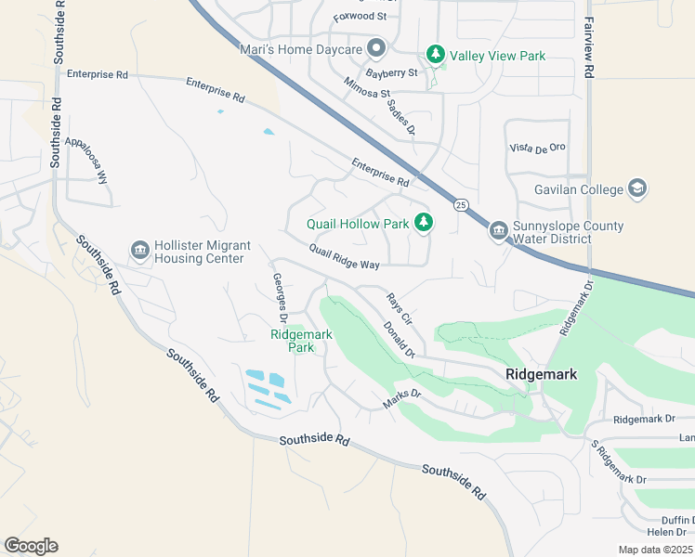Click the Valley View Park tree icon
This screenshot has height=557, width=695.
point(435,55)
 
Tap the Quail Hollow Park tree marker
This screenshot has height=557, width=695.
point(424,222)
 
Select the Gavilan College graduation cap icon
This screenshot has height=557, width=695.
point(637,188)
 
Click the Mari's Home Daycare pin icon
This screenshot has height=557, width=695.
point(376,47)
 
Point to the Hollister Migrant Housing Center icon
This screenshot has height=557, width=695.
point(140,249)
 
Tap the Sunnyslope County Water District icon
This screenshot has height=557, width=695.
point(498,230)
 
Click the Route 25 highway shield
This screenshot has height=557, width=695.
point(460,204)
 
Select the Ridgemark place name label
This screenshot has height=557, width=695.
point(541,374)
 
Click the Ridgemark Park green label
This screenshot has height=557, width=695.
point(300,341)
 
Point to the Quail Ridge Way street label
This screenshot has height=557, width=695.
point(345,257)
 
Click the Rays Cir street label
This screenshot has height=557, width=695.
point(399,307)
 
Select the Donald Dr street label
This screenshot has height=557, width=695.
point(397,339)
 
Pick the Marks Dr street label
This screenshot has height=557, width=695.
point(402,399)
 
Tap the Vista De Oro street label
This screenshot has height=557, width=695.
point(537,148)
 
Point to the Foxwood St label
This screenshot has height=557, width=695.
point(361,16)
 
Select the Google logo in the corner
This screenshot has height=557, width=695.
point(31,545)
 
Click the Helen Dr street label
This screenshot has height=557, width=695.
point(668,532)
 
